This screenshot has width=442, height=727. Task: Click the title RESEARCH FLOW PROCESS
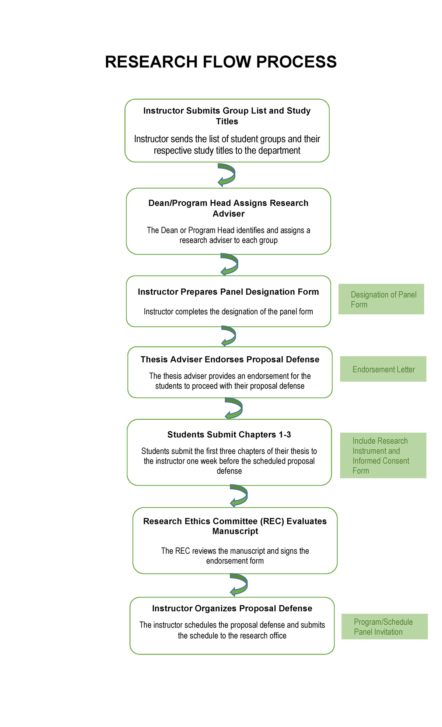221,62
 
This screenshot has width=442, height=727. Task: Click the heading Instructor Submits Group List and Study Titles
227,116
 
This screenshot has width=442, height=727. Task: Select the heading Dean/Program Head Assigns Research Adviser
228,208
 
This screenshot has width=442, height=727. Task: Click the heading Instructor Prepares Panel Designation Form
228,292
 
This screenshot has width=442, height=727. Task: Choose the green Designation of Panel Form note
381,299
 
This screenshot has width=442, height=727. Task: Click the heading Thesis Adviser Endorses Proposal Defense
230,359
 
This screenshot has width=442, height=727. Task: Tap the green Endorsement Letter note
383,369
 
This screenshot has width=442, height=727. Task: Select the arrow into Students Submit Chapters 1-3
234,408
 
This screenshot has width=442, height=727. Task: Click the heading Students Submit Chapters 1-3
229,435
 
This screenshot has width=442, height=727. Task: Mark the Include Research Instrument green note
383,455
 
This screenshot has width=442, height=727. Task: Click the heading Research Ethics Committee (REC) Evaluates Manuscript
235,526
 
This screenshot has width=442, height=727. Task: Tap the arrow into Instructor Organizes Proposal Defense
239,585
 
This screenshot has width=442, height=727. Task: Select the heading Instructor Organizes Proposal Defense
232,609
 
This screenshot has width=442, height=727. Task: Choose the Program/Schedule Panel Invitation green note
385,627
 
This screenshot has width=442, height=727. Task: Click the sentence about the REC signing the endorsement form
235,556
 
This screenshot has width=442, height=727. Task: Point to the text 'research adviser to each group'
228,240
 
